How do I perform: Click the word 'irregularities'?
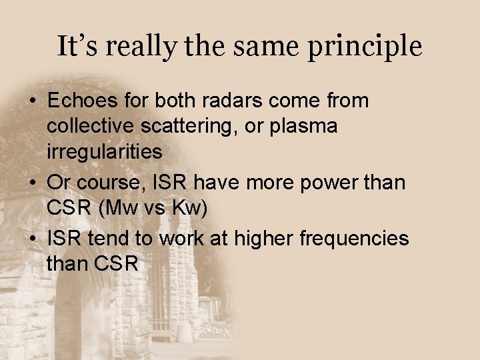click(x=104, y=151)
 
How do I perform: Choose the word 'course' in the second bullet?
click(x=107, y=182)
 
